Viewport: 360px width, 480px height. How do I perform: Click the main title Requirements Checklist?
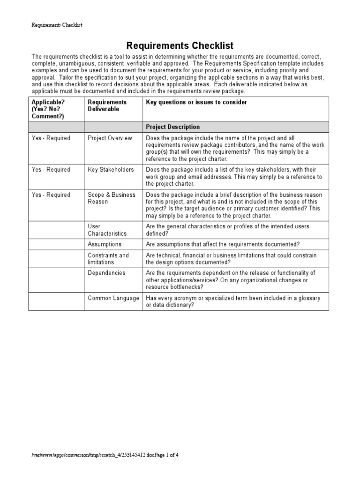tap(180, 45)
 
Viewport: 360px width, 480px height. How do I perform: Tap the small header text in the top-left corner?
tap(57, 24)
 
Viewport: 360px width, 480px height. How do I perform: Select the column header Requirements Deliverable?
tap(107, 105)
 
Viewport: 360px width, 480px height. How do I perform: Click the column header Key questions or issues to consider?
tap(196, 102)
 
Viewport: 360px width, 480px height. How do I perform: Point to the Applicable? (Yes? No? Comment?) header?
tap(48, 109)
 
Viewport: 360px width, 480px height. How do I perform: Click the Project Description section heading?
tap(173, 127)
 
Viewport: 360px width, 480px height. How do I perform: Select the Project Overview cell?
tap(110, 138)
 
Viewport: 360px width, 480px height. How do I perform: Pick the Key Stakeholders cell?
tap(111, 170)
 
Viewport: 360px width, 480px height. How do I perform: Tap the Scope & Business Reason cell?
tap(112, 198)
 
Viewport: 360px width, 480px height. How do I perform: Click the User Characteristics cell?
tap(107, 230)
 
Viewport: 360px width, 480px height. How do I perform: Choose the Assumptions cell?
tap(105, 244)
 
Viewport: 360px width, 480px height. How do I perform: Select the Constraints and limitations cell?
tap(108, 259)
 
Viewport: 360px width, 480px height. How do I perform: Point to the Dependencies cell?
tap(106, 273)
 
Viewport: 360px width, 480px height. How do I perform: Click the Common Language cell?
tap(113, 298)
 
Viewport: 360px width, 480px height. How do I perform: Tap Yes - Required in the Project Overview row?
tap(51, 138)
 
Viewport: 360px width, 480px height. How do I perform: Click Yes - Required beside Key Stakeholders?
tap(51, 170)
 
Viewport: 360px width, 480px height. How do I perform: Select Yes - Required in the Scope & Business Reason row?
tap(51, 195)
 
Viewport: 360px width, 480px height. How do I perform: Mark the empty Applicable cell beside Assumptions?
tap(56, 244)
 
